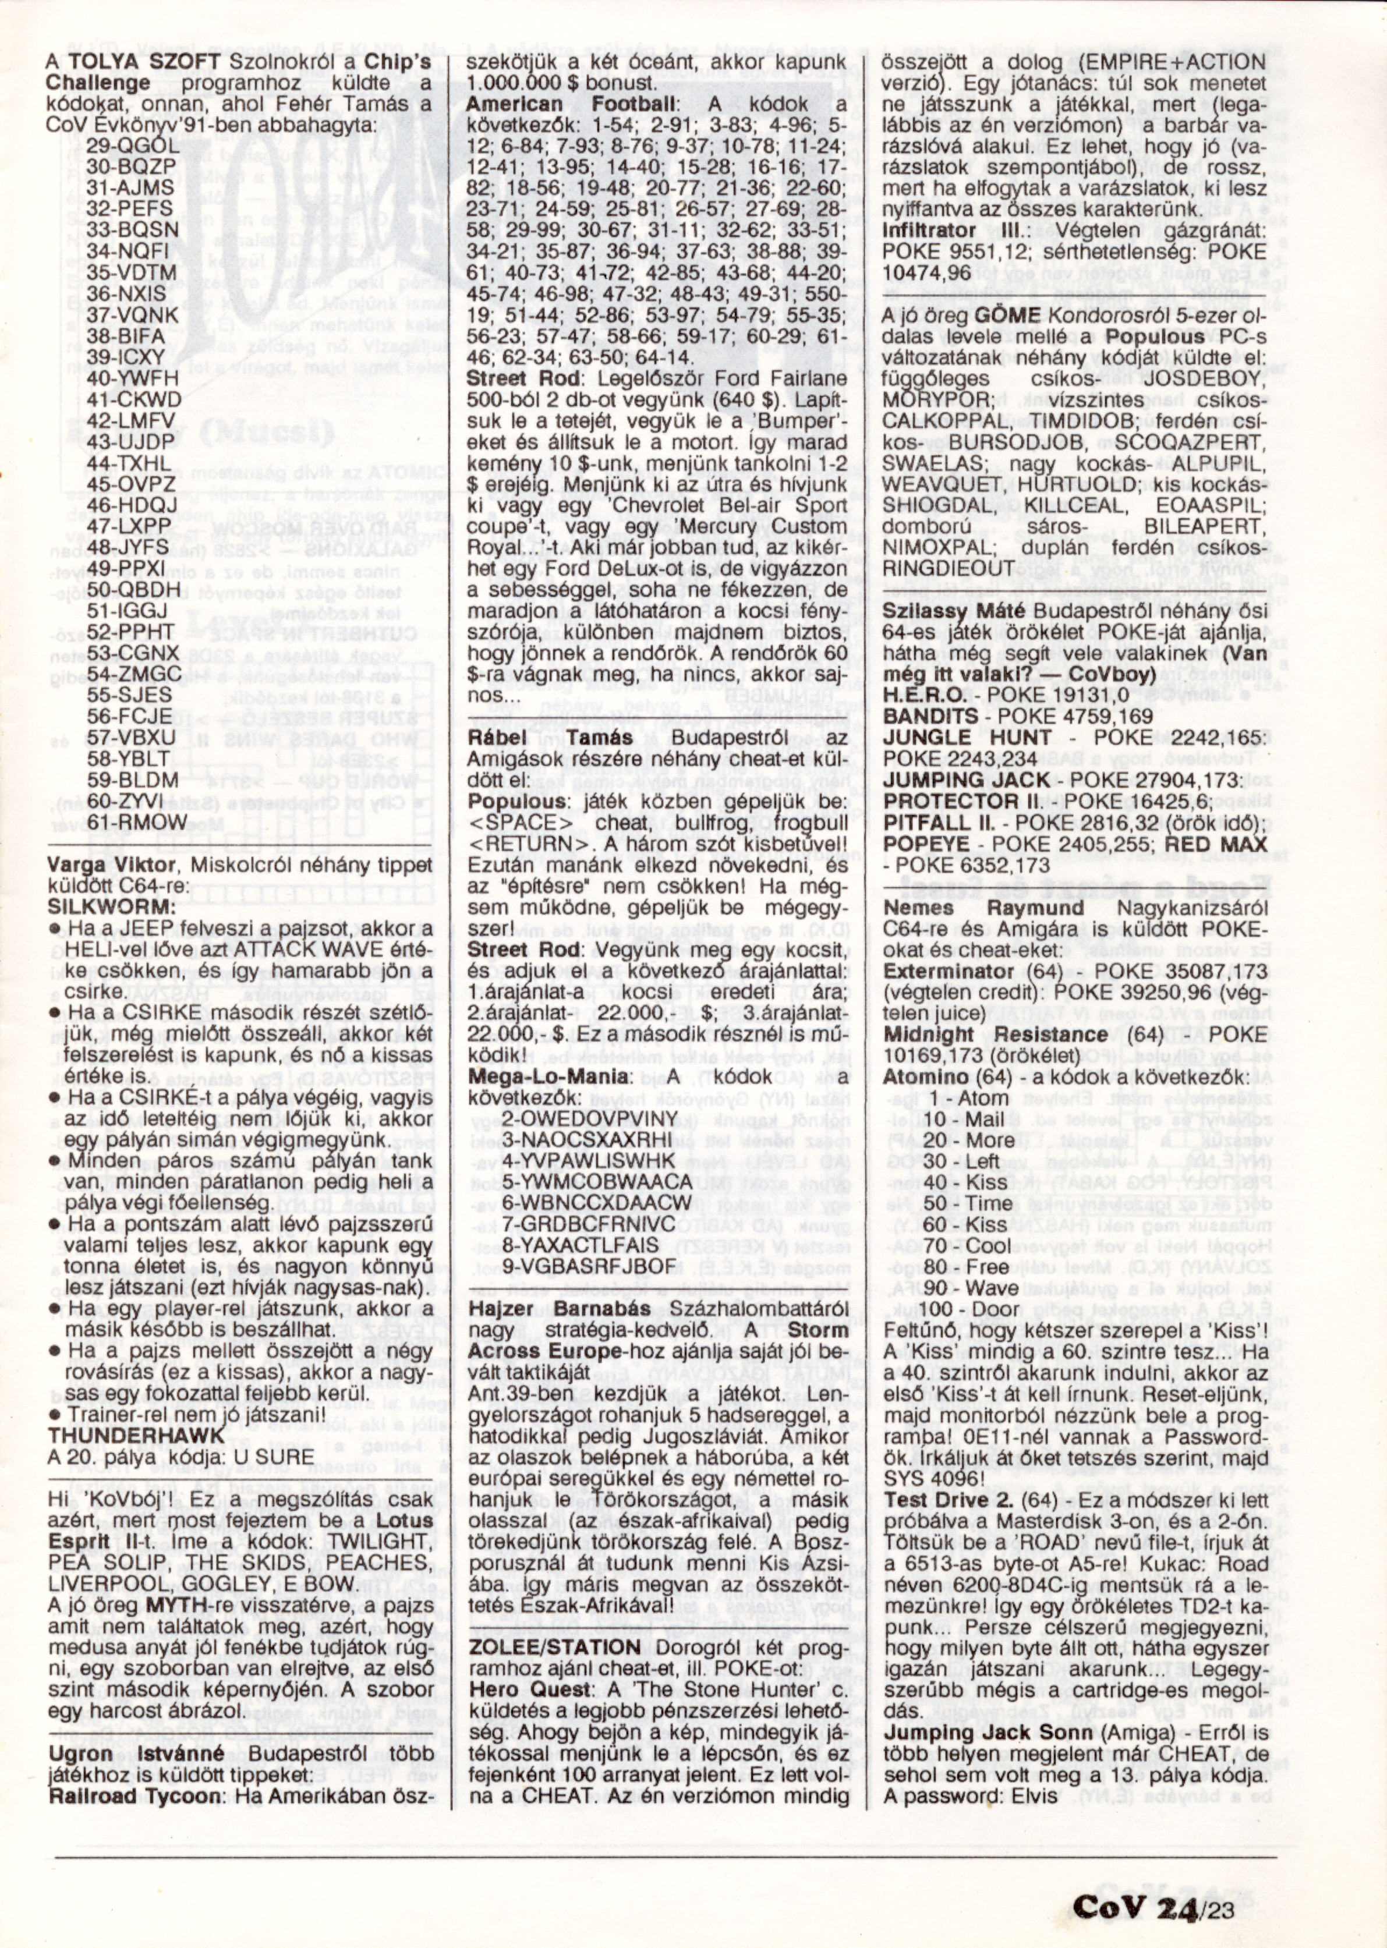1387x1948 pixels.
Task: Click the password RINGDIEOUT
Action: click(x=950, y=568)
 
